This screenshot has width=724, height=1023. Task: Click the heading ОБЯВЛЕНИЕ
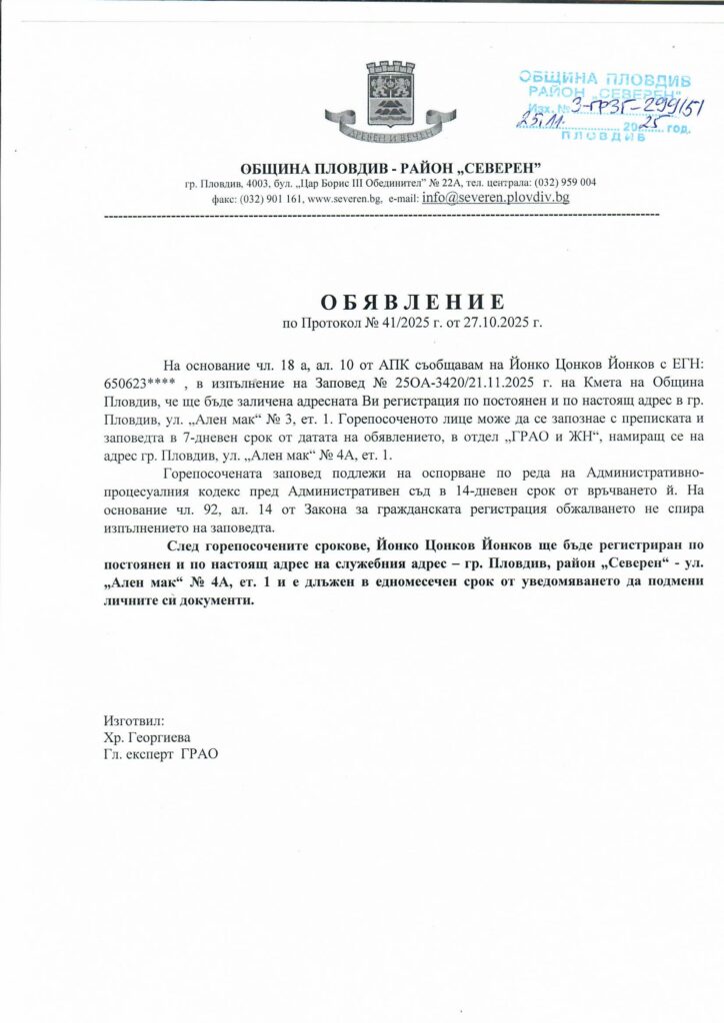pos(412,302)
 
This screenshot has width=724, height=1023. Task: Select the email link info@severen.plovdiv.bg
pos(496,198)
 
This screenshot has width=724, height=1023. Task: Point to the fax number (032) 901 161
pos(270,199)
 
